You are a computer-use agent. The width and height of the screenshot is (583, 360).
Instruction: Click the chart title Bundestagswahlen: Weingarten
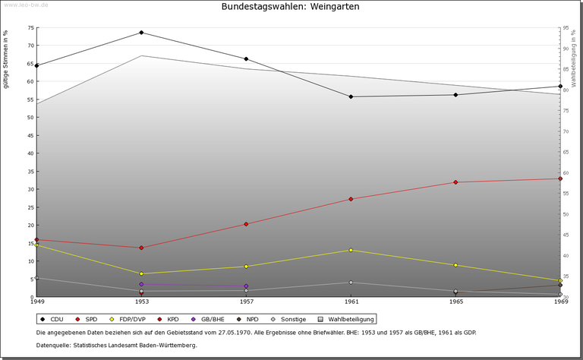[291, 7]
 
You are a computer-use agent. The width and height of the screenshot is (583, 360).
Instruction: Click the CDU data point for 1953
[141, 33]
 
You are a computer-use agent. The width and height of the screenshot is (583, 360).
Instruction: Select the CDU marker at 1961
[351, 96]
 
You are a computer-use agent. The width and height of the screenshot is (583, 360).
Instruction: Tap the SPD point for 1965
[455, 182]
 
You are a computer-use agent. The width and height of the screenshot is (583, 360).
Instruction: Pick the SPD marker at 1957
[246, 224]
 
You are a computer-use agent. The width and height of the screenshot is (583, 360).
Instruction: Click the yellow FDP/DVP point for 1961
[351, 250]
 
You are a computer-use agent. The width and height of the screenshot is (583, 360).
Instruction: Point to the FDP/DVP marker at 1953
[141, 273]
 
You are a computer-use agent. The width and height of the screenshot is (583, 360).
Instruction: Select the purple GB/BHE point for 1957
[246, 286]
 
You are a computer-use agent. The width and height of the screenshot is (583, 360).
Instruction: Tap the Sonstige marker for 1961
[351, 283]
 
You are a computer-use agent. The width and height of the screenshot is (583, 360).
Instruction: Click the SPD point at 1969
[560, 178]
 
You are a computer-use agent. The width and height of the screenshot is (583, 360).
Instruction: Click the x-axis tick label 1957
[246, 302]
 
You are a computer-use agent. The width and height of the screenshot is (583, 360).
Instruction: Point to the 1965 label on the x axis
[455, 302]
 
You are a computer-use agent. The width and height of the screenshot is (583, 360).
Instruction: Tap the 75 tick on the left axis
[30, 27]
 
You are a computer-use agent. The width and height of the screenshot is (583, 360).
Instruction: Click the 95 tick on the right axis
[566, 28]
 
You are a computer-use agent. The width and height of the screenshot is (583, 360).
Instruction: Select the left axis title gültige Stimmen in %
[6, 59]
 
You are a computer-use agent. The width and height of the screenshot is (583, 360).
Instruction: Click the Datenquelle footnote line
[116, 346]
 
